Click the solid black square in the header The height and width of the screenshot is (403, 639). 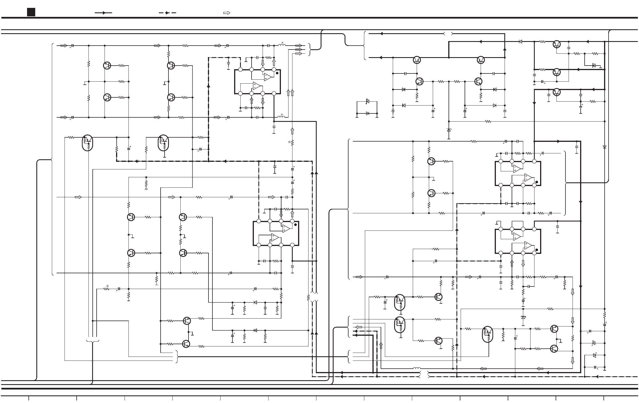click(31, 12)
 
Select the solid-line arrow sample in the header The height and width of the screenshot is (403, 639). click(103, 13)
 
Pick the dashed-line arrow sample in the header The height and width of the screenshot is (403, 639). click(167, 13)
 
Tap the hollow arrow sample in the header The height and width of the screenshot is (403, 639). click(227, 13)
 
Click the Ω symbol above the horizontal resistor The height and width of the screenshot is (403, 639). click(107, 286)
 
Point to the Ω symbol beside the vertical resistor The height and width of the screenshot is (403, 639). click(289, 142)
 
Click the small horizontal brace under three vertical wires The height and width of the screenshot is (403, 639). click(92, 341)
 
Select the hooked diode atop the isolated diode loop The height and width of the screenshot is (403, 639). click(367, 101)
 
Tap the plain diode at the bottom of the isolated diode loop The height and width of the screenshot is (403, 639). click(367, 113)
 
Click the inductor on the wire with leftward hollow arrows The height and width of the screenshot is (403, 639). click(417, 368)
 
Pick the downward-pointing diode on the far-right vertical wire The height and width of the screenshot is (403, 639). click(604, 147)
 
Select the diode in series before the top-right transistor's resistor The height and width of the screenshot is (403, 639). click(520, 42)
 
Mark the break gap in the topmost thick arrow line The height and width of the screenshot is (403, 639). click(448, 34)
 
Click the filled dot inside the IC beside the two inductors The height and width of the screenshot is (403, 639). click(277, 73)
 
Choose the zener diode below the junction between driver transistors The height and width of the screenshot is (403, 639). click(449, 130)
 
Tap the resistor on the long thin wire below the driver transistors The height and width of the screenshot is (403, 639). click(488, 122)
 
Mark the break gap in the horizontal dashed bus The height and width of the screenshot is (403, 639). click(424, 377)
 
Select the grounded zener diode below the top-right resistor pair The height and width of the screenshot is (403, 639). click(594, 66)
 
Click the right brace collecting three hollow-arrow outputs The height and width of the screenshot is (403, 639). click(309, 50)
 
